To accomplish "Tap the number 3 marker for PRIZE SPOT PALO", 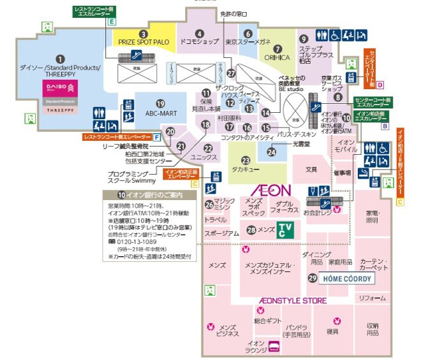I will pos(144,34).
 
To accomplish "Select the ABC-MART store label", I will pos(160,113).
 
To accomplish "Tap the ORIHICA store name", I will pos(277,57).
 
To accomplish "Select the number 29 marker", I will pos(313,278).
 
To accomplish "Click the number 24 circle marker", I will pos(271,152).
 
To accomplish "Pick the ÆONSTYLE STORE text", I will pos(293,300).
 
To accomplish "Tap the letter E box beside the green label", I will pos(112,21).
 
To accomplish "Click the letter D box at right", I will pos(380,84).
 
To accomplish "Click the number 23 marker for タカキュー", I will pos(244,161).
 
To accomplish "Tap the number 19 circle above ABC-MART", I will pos(160,103).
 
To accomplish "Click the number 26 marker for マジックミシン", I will pos(209,205).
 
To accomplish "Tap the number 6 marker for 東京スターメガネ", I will pos(247,34).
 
